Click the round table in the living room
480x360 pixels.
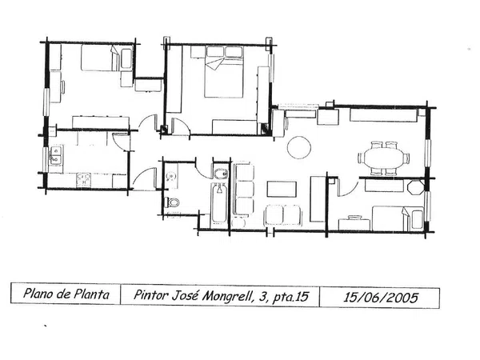(299, 147)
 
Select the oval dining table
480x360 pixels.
(384, 158)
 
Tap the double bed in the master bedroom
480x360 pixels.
(224, 72)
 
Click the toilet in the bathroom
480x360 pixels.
(172, 202)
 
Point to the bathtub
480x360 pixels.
(219, 202)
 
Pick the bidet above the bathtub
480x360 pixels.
(220, 174)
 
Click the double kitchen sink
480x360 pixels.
(56, 155)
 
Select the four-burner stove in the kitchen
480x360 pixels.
(84, 180)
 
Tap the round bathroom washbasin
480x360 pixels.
(171, 176)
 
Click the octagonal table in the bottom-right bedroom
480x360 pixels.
(416, 187)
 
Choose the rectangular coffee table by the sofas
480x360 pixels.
(282, 189)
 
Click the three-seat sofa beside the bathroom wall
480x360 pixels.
(244, 190)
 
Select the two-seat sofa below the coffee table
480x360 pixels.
(283, 215)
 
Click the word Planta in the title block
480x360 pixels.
(92, 294)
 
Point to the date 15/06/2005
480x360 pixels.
(380, 298)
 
